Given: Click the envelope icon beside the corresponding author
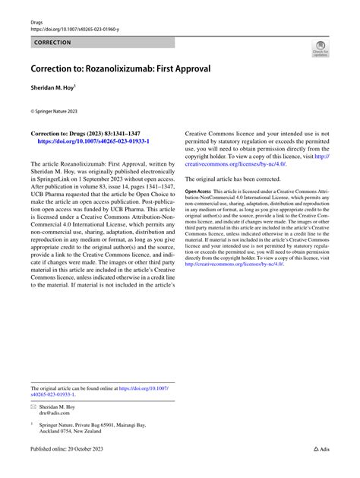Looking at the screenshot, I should click(x=33, y=408).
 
